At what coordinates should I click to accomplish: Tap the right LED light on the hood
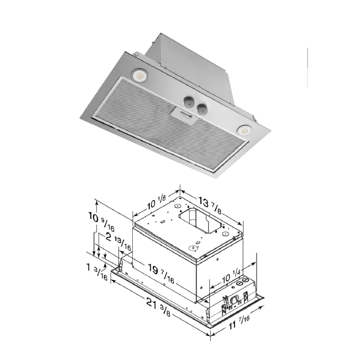[243, 131]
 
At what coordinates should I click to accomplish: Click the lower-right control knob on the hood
[203, 108]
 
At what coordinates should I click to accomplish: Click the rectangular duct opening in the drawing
[200, 219]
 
